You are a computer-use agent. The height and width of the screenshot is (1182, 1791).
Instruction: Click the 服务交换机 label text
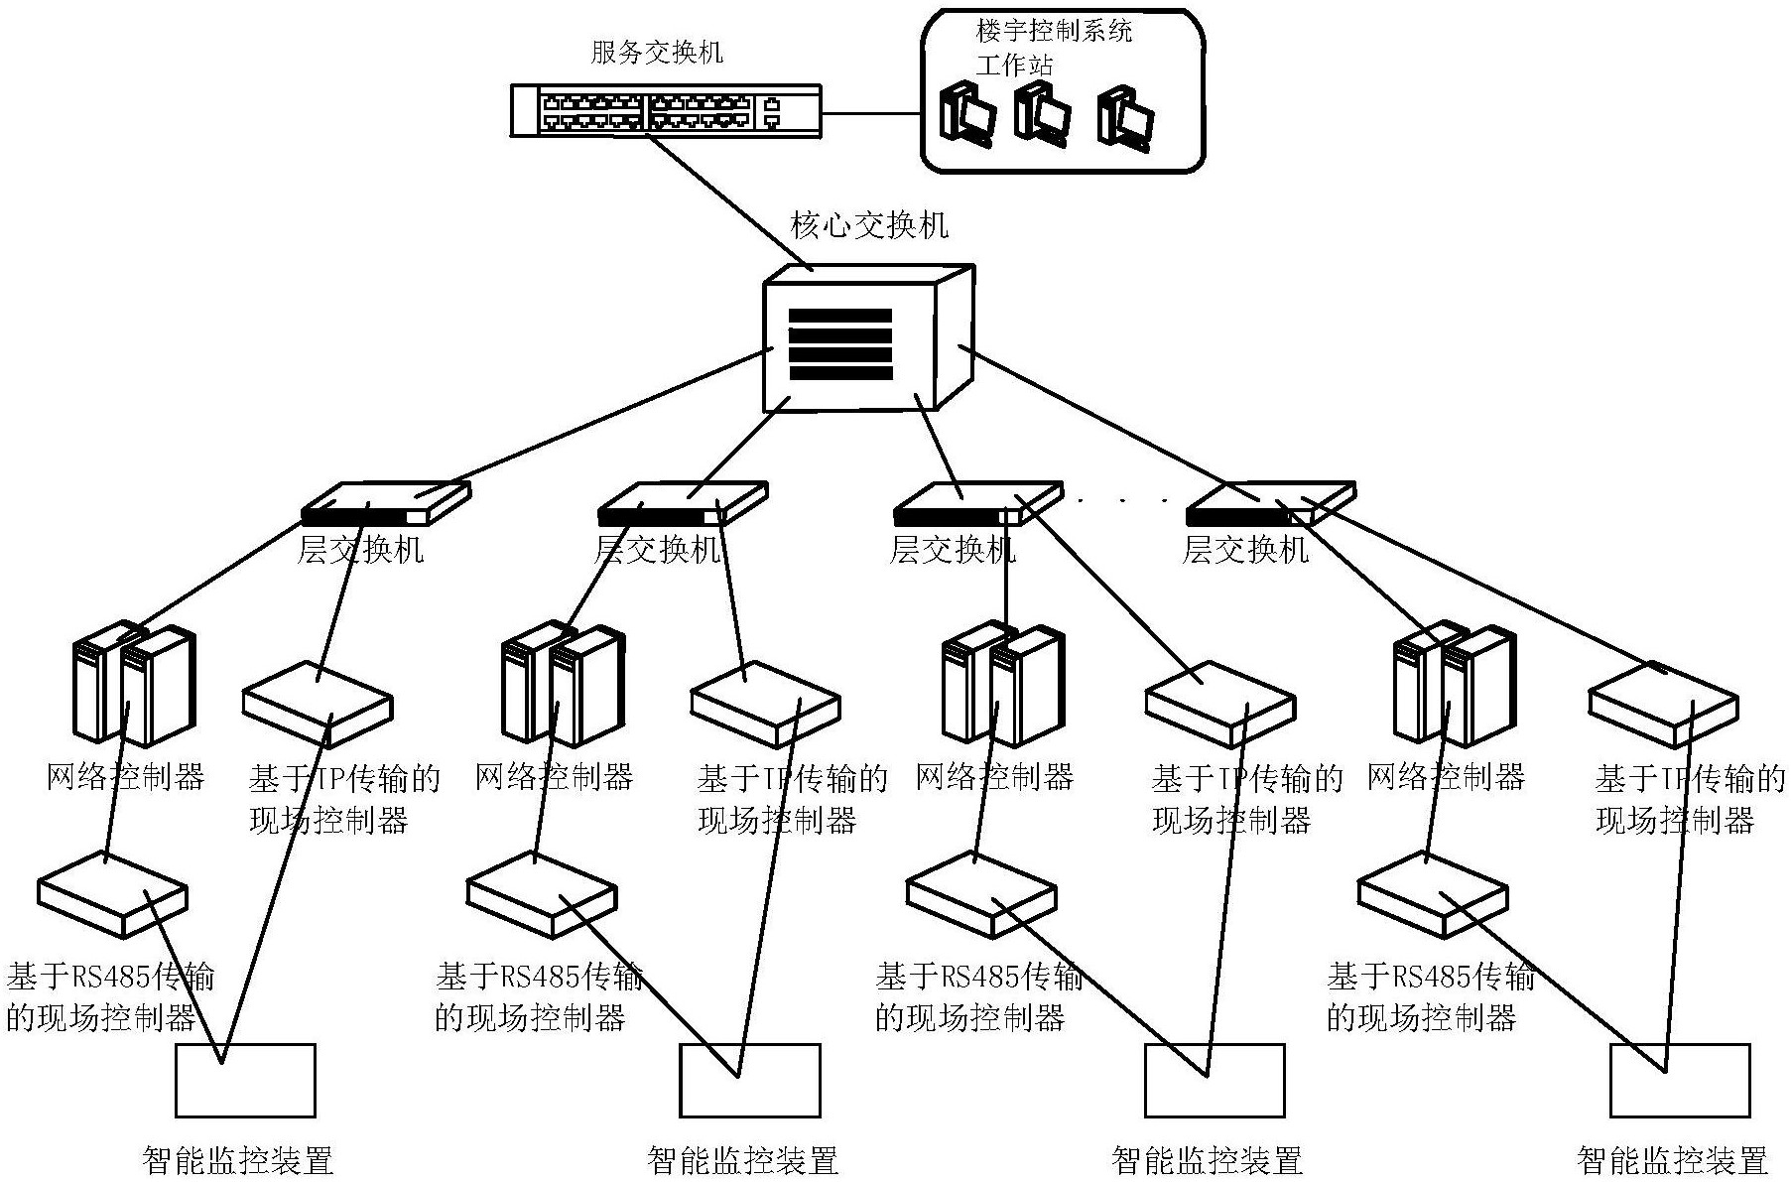[657, 53]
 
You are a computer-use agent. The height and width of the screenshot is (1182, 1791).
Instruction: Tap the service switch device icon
[666, 110]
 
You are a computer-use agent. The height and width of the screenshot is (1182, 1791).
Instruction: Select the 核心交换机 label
[868, 225]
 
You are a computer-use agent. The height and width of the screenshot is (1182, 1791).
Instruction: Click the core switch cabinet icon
[867, 337]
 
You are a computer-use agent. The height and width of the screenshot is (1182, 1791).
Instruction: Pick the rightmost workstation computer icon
[1126, 118]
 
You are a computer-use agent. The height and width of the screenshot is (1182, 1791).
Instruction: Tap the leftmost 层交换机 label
[361, 549]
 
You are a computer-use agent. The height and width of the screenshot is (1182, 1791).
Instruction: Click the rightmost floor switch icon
[1271, 503]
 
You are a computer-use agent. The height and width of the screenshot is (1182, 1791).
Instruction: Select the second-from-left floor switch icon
[683, 503]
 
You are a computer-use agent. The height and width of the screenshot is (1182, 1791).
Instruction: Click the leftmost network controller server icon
[135, 684]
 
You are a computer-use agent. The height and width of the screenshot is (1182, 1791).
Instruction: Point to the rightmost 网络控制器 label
[1445, 776]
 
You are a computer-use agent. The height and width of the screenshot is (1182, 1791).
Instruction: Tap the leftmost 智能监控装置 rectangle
[245, 1080]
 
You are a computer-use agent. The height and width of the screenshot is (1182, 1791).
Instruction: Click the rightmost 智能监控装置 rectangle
[1679, 1080]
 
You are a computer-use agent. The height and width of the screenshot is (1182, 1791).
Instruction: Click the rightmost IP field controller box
[1663, 704]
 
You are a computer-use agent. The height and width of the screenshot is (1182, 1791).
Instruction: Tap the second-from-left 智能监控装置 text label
[742, 1160]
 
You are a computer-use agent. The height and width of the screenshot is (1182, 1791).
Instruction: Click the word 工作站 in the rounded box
[1013, 66]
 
